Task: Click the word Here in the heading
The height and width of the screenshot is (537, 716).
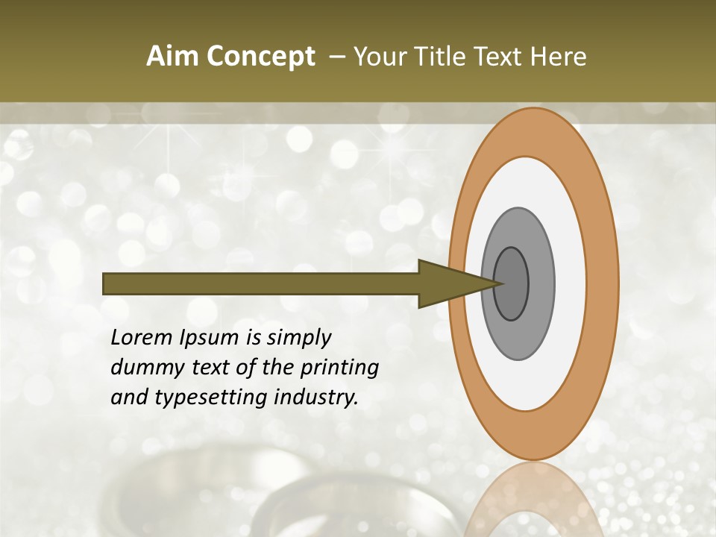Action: coord(559,57)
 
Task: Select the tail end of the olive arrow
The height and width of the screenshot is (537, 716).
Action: coord(107,283)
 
